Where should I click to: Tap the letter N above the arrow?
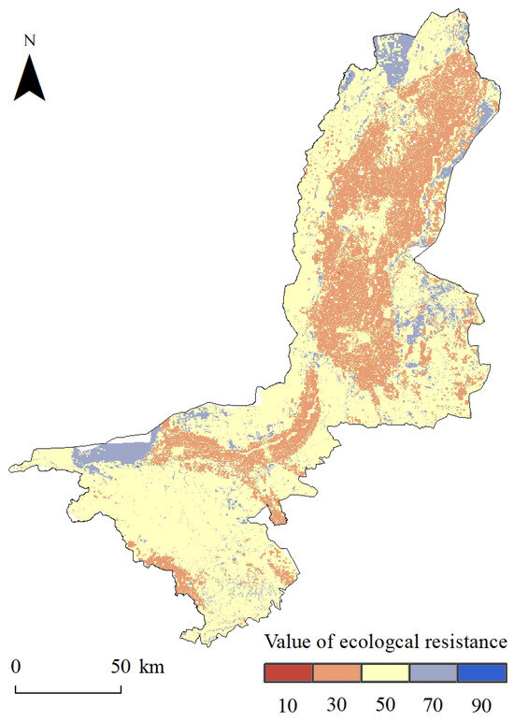[30, 41]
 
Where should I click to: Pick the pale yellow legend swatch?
[385, 672]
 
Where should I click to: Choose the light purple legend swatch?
[434, 672]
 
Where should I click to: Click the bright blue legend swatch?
[482, 672]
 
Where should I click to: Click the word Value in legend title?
[287, 643]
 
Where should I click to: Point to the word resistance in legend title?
[467, 643]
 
